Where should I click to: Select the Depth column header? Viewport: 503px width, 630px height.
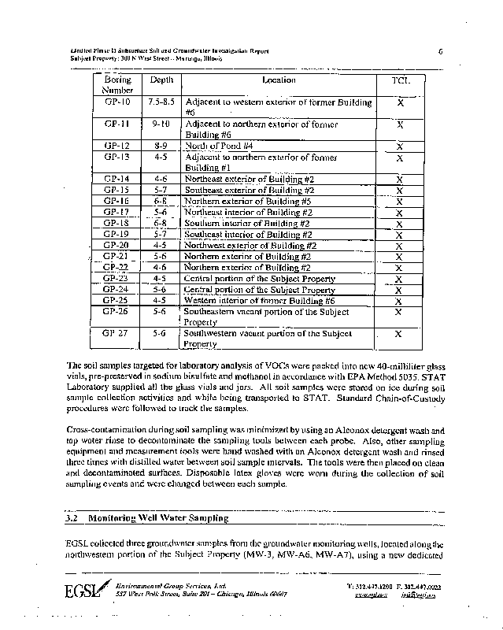point(160,80)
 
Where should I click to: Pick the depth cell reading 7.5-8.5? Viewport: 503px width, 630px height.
point(161,102)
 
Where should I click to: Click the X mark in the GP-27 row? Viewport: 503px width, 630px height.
point(398,334)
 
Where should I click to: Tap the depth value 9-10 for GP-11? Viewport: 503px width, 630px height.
point(161,124)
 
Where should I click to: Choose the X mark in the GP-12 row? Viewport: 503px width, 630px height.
point(399,146)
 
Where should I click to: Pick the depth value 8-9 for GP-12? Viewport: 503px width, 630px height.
point(161,146)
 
